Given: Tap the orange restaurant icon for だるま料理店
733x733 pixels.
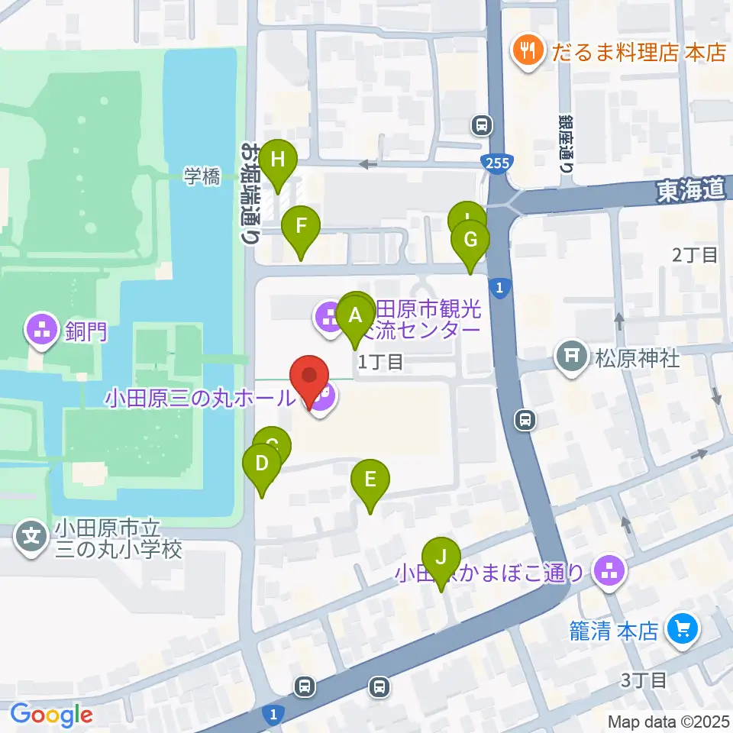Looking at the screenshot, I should tap(527, 52).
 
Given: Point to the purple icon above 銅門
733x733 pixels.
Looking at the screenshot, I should tap(39, 330).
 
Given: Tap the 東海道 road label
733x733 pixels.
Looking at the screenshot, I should tap(689, 192).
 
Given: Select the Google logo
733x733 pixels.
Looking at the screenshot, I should tap(50, 715).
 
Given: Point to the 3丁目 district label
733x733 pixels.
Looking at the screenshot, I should tap(646, 679).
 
